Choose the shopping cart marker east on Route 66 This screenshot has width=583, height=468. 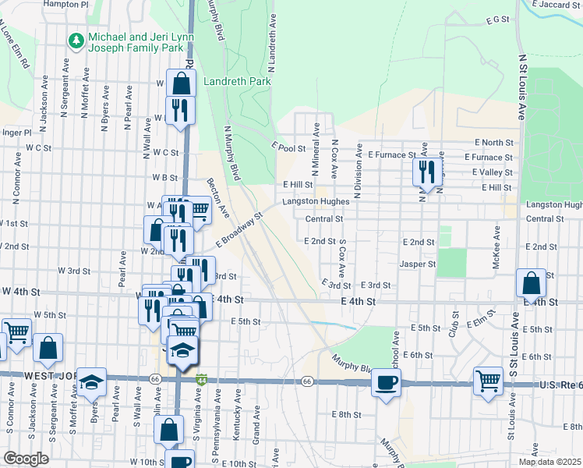pyautogui.click(x=488, y=382)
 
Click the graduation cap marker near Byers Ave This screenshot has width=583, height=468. pyautogui.click(x=92, y=382)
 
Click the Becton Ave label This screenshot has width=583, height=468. pyautogui.click(x=217, y=197)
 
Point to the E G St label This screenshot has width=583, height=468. pyautogui.click(x=496, y=19)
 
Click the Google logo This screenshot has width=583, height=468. pyautogui.click(x=26, y=459)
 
